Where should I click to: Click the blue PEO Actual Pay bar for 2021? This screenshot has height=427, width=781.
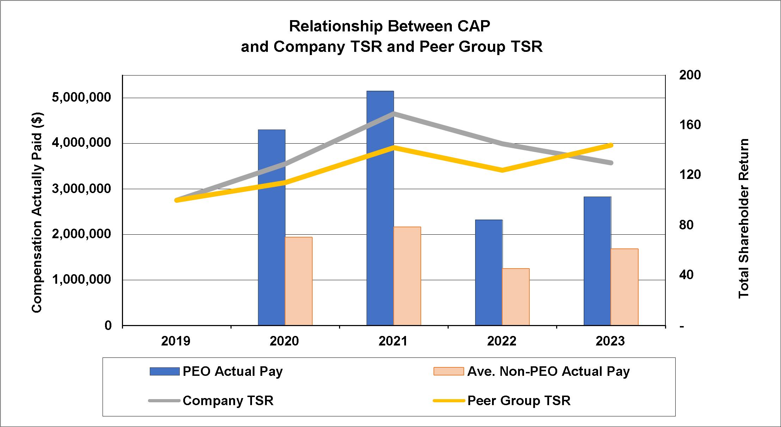(380, 208)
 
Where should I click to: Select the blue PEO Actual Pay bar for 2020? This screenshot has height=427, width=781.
(271, 228)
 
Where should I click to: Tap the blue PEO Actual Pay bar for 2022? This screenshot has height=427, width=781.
(488, 272)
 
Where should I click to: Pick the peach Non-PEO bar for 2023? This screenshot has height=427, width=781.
(624, 287)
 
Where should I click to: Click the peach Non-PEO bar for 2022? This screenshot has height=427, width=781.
(516, 297)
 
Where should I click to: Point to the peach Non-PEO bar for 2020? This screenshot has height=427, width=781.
(299, 281)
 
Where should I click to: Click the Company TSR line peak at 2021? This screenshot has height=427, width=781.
(394, 114)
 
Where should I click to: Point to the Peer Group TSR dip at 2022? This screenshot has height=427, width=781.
(502, 170)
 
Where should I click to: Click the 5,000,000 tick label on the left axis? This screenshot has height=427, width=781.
(81, 98)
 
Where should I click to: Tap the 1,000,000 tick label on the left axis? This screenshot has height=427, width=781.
(81, 280)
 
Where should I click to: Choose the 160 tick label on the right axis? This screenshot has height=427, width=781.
(690, 125)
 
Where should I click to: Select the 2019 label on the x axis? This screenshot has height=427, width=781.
(176, 341)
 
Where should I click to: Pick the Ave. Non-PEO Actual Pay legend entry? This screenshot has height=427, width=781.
(548, 372)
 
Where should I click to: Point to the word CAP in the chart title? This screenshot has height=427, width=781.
(473, 26)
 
